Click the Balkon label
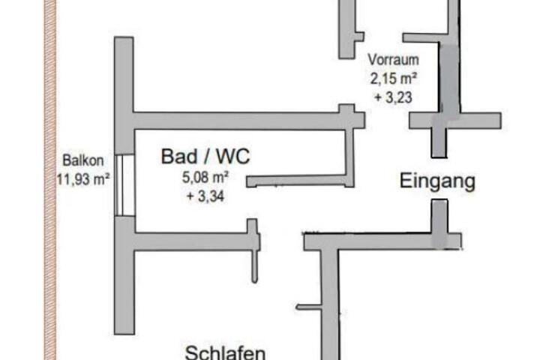[x=84, y=160]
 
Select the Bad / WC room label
[x=205, y=157]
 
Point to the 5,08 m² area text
[x=205, y=178]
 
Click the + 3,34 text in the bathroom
[x=205, y=196]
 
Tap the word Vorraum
[x=392, y=59]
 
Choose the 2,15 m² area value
[x=392, y=77]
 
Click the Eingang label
[x=437, y=181]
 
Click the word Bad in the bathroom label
[x=177, y=157]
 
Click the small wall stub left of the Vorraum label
[x=349, y=30]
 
